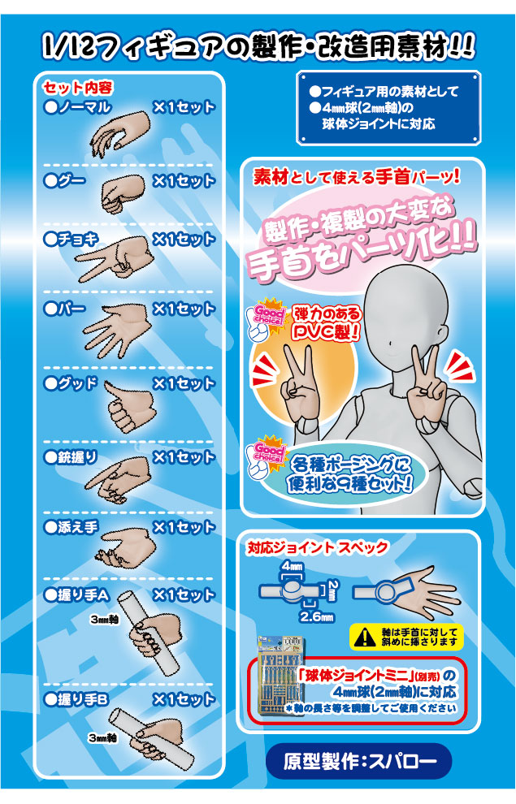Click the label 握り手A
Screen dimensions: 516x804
pyautogui.click(x=76, y=594)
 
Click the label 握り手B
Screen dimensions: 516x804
pyautogui.click(x=76, y=699)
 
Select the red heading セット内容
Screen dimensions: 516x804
pyautogui.click(x=78, y=88)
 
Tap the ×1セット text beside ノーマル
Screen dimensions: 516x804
pyautogui.click(x=184, y=107)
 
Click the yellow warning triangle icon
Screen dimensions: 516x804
pyautogui.click(x=364, y=637)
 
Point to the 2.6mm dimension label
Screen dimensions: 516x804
pyautogui.click(x=317, y=617)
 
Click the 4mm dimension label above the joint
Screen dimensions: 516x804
pyautogui.click(x=292, y=566)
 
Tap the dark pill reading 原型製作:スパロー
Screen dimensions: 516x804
pyautogui.click(x=358, y=761)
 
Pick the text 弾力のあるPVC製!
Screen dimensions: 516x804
pyautogui.click(x=327, y=323)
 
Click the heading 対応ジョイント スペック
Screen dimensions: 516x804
pyautogui.click(x=318, y=547)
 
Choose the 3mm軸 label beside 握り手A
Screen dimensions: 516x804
pyautogui.click(x=104, y=620)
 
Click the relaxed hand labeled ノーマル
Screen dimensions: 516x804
pyautogui.click(x=121, y=133)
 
